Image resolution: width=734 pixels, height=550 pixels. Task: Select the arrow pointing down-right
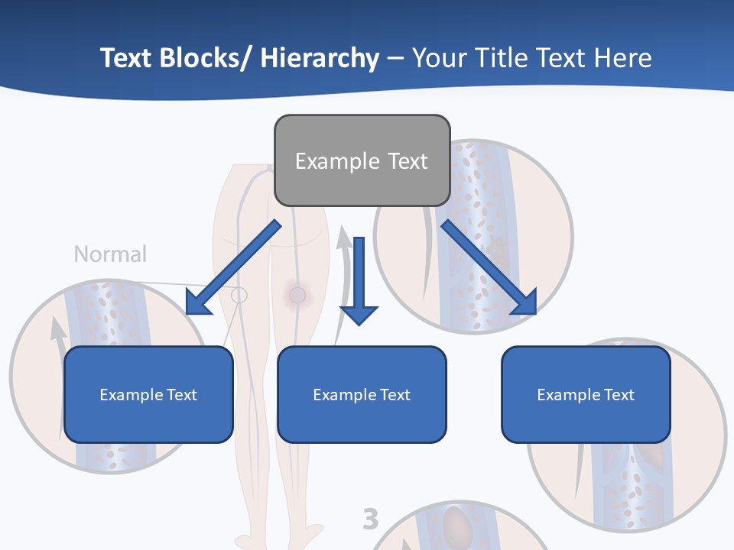(489, 267)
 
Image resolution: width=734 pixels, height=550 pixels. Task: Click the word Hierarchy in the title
(320, 58)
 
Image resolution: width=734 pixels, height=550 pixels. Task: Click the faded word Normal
(110, 254)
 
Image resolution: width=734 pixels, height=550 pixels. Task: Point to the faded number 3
(371, 519)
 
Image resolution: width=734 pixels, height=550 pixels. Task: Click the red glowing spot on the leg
(297, 294)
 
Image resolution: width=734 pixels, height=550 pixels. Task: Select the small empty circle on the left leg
(239, 295)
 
